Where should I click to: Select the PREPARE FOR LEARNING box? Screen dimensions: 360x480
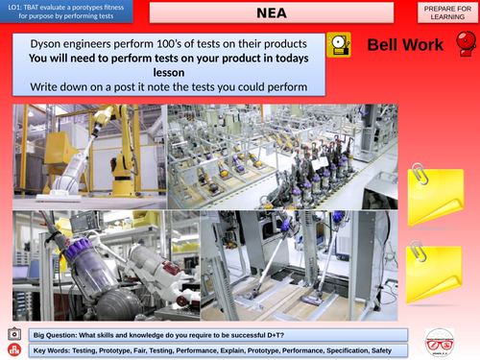click(x=444, y=13)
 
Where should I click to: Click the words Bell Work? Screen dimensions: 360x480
click(x=404, y=44)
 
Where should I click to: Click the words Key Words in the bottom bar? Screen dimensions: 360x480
click(x=52, y=349)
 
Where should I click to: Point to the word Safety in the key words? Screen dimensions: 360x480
click(x=388, y=349)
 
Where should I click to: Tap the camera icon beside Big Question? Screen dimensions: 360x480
click(x=13, y=334)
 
